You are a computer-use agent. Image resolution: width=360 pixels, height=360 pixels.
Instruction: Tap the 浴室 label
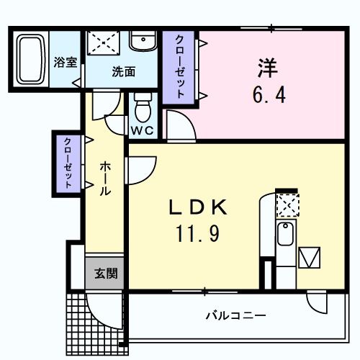(x=66, y=63)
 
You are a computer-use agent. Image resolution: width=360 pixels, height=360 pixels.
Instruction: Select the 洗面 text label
(x=123, y=71)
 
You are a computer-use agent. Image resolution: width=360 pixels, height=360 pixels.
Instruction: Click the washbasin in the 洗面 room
(x=143, y=42)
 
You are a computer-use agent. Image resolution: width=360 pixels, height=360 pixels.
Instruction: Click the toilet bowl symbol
(x=142, y=110)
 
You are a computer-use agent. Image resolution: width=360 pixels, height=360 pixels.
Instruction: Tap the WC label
(x=142, y=131)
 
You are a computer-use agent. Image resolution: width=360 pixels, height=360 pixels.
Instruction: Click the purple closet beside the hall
(x=66, y=163)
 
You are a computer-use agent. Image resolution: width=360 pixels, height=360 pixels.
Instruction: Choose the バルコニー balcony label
(x=235, y=315)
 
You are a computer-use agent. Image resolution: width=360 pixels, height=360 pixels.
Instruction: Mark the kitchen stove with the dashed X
(x=287, y=206)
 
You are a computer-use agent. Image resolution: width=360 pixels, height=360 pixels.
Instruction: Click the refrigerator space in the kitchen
(x=311, y=258)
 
